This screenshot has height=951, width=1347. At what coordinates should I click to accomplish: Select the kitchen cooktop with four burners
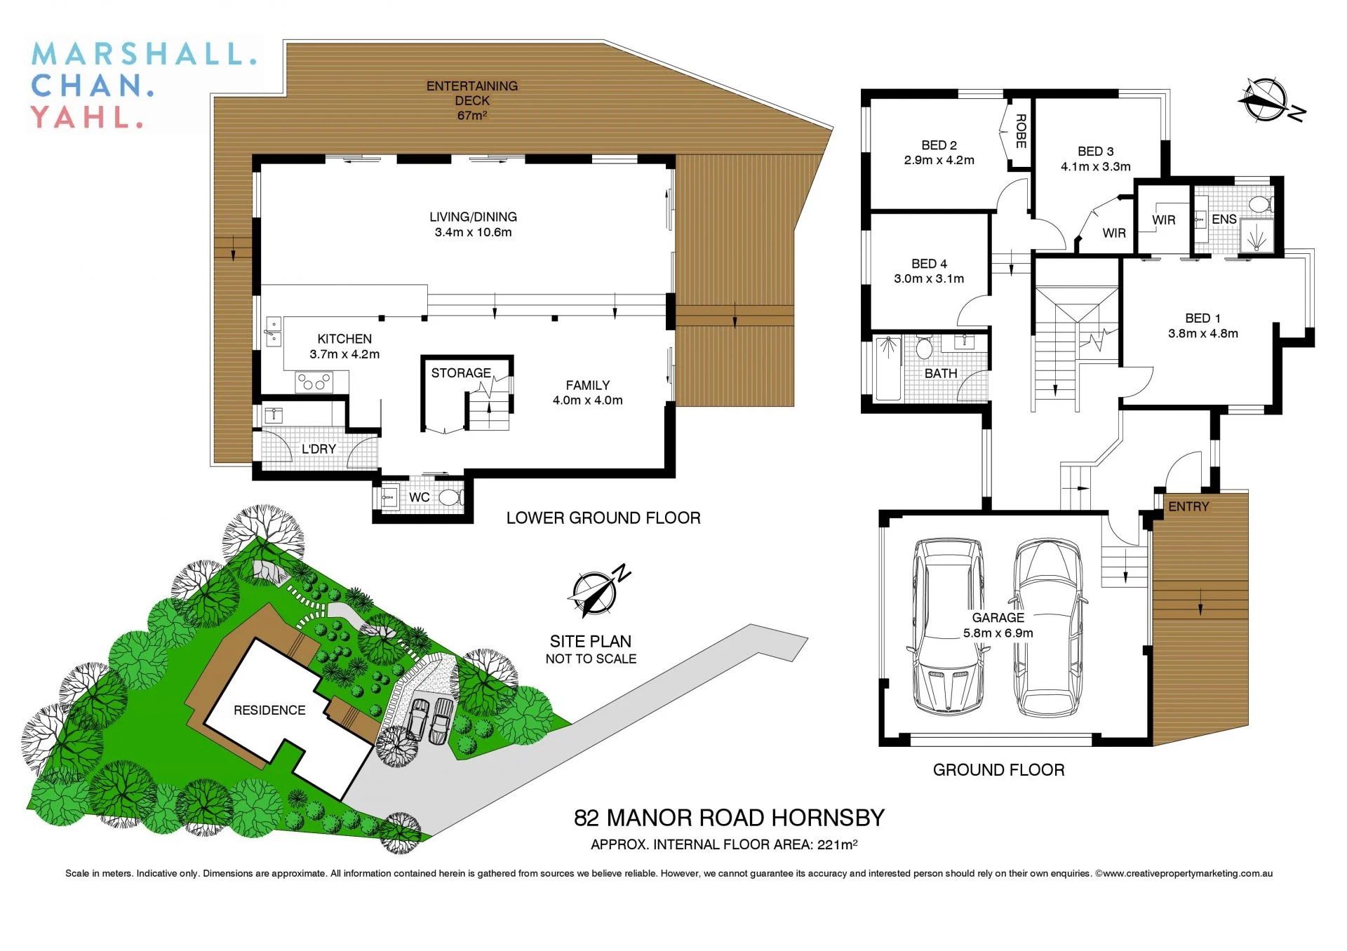point(314,382)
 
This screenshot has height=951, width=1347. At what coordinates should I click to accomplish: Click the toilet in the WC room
point(450,498)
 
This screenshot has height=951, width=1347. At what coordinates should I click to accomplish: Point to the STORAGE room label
point(460,373)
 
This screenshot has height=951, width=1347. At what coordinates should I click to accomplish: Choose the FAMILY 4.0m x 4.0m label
point(587,393)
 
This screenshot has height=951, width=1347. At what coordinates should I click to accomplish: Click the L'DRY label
point(319,449)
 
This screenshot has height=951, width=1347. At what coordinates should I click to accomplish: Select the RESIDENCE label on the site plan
point(269,710)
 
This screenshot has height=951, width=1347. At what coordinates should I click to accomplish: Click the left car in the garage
point(947,626)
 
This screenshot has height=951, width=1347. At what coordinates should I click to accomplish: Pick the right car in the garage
point(1047,626)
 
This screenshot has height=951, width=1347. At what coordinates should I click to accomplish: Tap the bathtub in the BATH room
point(888,369)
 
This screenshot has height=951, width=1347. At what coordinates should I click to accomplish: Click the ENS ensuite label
point(1224,220)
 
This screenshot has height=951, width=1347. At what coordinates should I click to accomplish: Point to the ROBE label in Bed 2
point(1021,131)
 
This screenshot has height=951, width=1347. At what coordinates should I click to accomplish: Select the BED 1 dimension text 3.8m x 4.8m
point(1202,334)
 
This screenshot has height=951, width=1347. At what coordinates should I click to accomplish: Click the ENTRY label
point(1188,506)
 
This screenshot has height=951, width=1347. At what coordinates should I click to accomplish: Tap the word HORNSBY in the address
point(828,818)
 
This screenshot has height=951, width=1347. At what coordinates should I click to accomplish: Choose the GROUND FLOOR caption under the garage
point(998,770)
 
